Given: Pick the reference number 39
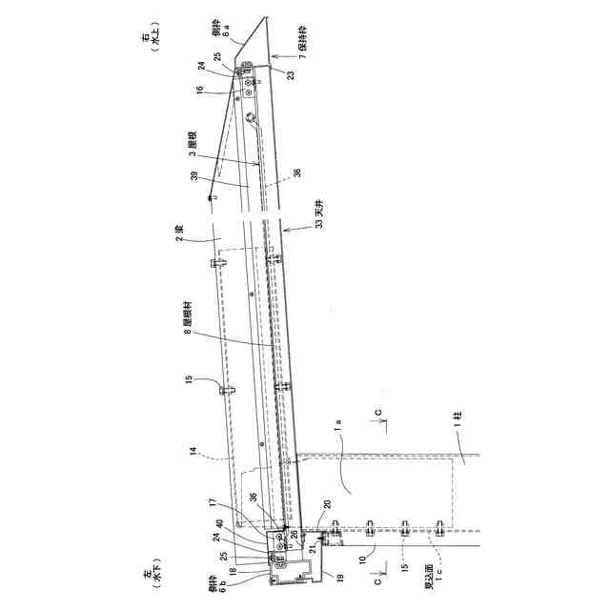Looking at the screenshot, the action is tap(194, 177).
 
